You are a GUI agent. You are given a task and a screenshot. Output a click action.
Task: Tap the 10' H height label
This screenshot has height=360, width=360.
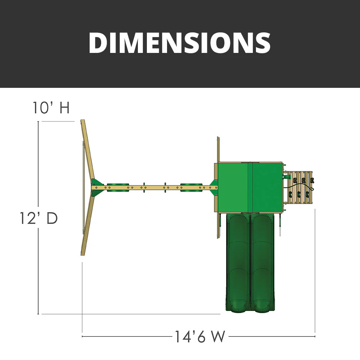pyautogui.click(x=51, y=108)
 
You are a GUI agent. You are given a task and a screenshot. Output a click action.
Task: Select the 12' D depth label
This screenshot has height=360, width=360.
pyautogui.click(x=39, y=218)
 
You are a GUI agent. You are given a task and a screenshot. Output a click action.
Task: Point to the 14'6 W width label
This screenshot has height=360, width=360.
pyautogui.click(x=200, y=337)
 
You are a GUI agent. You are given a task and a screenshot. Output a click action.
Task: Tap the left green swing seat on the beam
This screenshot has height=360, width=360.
pyautogui.click(x=117, y=187)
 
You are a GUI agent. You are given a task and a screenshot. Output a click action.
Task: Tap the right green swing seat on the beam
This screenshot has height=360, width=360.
pyautogui.click(x=191, y=187)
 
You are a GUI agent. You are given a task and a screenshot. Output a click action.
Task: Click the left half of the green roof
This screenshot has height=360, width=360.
pyautogui.click(x=234, y=187)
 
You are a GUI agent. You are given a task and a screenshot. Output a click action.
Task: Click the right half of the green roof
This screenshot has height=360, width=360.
pyautogui.click(x=267, y=187)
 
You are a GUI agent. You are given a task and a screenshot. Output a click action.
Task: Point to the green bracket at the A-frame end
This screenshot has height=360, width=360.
pyautogui.click(x=96, y=187)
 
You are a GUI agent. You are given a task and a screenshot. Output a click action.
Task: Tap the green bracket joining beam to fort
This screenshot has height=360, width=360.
pyautogui.click(x=213, y=187)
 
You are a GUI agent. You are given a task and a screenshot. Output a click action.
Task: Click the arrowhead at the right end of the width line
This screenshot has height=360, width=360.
pyautogui.click(x=314, y=337)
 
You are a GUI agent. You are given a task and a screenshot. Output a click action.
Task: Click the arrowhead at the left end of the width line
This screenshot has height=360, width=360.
pyautogui.click(x=83, y=337)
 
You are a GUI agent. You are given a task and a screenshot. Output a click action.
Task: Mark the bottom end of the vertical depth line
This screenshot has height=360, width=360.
pyautogui.click(x=38, y=313)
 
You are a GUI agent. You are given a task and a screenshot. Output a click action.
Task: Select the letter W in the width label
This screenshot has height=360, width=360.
pyautogui.click(x=218, y=337)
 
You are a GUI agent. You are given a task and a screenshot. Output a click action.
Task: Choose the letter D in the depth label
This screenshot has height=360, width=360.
pyautogui.click(x=52, y=218)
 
